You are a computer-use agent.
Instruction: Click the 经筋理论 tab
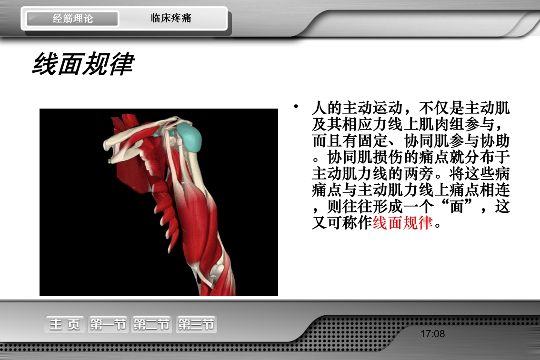[72, 19]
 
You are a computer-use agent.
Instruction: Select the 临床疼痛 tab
[171, 19]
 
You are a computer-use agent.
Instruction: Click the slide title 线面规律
[83, 64]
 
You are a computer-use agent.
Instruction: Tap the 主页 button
[65, 325]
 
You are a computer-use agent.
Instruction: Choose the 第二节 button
[151, 325]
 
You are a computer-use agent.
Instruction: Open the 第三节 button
[196, 325]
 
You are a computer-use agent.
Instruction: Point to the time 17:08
[432, 334]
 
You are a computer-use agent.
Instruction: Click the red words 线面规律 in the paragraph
[402, 222]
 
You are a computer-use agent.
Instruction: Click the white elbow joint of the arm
[217, 271]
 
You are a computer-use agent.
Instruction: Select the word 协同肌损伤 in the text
[366, 157]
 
